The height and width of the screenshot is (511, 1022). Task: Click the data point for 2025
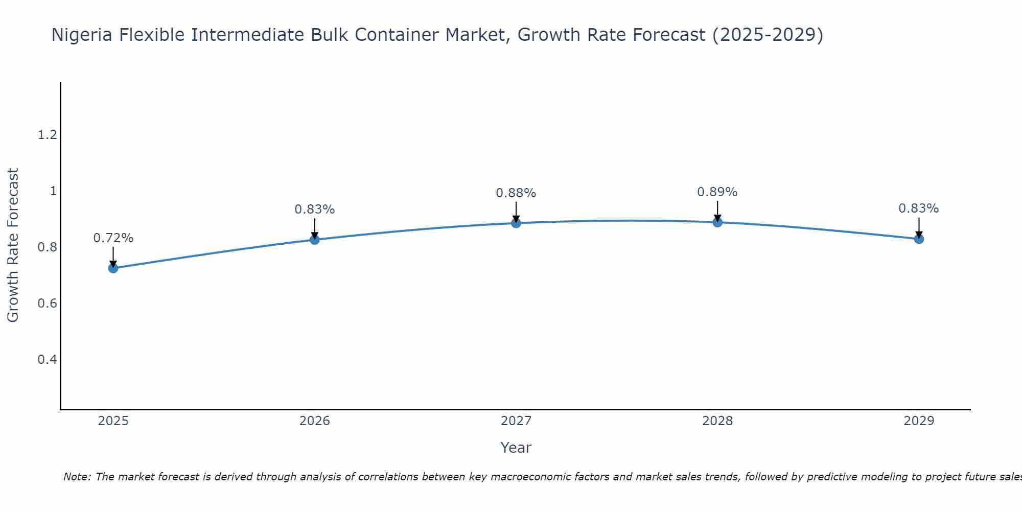point(113,268)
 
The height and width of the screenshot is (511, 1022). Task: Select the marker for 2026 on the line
point(314,240)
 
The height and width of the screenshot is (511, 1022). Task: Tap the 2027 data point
point(516,223)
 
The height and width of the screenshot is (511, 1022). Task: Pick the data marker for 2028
point(717,222)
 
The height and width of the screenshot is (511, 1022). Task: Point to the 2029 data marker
point(919,239)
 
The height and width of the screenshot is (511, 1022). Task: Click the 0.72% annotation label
point(113,238)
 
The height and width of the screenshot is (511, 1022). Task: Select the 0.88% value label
point(516,193)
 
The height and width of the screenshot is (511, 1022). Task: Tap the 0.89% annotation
point(717,192)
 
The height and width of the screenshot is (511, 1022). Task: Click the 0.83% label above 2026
point(314,210)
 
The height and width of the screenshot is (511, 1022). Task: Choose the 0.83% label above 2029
point(919,208)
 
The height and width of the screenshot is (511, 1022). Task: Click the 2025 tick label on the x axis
point(113,421)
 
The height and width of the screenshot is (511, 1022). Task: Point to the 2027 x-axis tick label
point(516,421)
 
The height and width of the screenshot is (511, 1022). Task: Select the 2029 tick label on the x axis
point(919,421)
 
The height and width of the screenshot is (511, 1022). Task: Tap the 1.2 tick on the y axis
point(47,135)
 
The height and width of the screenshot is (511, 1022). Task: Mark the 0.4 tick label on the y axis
point(47,360)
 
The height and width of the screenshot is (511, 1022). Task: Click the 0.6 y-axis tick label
point(47,304)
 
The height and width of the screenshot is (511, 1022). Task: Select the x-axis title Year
point(516,448)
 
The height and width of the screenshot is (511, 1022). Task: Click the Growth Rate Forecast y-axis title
point(13,245)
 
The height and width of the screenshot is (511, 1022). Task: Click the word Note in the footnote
point(77,477)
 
